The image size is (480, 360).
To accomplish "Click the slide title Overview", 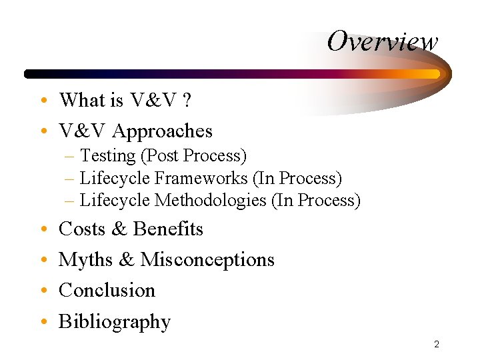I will pyautogui.click(x=383, y=41).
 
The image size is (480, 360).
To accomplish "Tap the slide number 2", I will pyautogui.click(x=436, y=345).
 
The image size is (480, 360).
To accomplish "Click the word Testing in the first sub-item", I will pyautogui.click(x=107, y=156).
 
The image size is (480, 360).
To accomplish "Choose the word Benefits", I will pyautogui.click(x=168, y=229).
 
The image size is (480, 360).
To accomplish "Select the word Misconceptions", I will pyautogui.click(x=207, y=259).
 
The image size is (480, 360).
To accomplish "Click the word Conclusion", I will pyautogui.click(x=107, y=291).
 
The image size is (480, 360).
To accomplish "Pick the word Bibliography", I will pyautogui.click(x=115, y=322).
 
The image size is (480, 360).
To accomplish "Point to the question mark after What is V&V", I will pyautogui.click(x=187, y=101).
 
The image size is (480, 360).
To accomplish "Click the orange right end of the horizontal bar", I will pyautogui.click(x=434, y=74).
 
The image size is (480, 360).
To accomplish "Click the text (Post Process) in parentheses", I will pyautogui.click(x=193, y=156).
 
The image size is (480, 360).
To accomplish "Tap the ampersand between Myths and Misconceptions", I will pyautogui.click(x=127, y=259).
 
